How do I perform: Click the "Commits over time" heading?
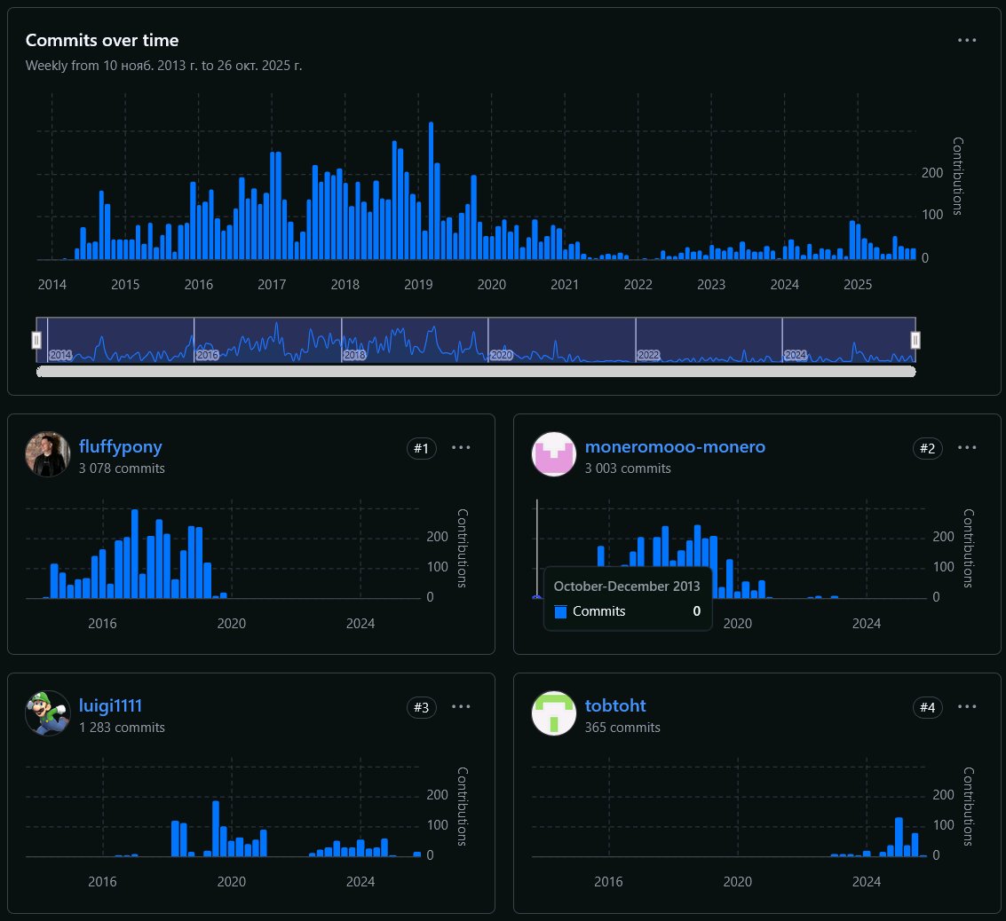(101, 40)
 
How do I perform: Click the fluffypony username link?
(120, 447)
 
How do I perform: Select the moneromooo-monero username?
(674, 447)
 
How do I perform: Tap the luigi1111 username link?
(110, 706)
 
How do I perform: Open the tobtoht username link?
(614, 706)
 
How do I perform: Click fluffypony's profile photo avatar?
(48, 455)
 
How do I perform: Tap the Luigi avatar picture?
(48, 713)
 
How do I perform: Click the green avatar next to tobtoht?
(553, 713)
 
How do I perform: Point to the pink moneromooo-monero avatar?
(553, 455)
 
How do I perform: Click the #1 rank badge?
(421, 449)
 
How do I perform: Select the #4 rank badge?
(927, 707)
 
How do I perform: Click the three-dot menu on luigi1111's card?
(461, 707)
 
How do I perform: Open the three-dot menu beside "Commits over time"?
(967, 41)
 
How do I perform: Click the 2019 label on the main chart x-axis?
(418, 285)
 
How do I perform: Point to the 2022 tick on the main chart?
(638, 285)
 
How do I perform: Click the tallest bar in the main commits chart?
(431, 191)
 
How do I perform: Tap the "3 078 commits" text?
(122, 468)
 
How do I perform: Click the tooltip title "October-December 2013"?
(627, 586)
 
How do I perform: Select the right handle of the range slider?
(915, 340)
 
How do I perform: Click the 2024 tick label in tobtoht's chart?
(867, 883)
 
